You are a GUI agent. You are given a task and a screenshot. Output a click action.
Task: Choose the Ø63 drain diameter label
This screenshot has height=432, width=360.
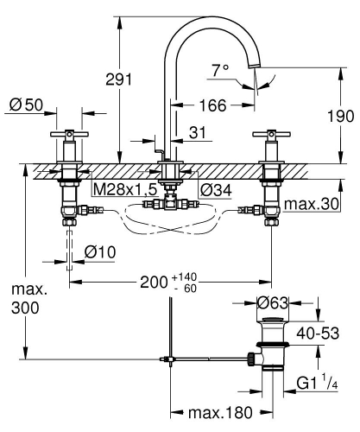pyautogui.click(x=274, y=302)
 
